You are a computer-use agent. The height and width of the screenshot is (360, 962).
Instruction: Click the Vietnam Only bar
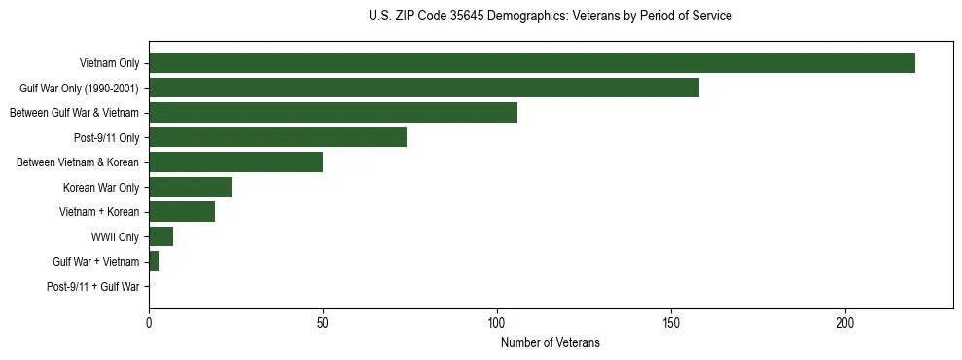531,63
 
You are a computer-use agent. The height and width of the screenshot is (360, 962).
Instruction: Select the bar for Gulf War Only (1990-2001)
423,89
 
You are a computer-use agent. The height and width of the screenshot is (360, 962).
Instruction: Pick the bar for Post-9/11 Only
277,137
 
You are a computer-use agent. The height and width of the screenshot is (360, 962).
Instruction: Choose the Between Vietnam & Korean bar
235,162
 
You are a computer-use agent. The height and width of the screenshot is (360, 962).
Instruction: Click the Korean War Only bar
191,187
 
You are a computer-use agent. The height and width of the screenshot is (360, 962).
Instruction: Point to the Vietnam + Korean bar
182,212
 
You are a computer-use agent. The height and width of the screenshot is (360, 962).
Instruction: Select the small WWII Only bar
160,236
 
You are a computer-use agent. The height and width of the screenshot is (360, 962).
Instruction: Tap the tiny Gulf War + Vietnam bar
154,262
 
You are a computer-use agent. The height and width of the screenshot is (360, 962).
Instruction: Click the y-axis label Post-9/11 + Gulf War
93,287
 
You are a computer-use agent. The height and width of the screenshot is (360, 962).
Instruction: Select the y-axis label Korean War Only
101,187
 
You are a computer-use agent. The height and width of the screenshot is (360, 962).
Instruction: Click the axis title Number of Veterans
551,342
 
